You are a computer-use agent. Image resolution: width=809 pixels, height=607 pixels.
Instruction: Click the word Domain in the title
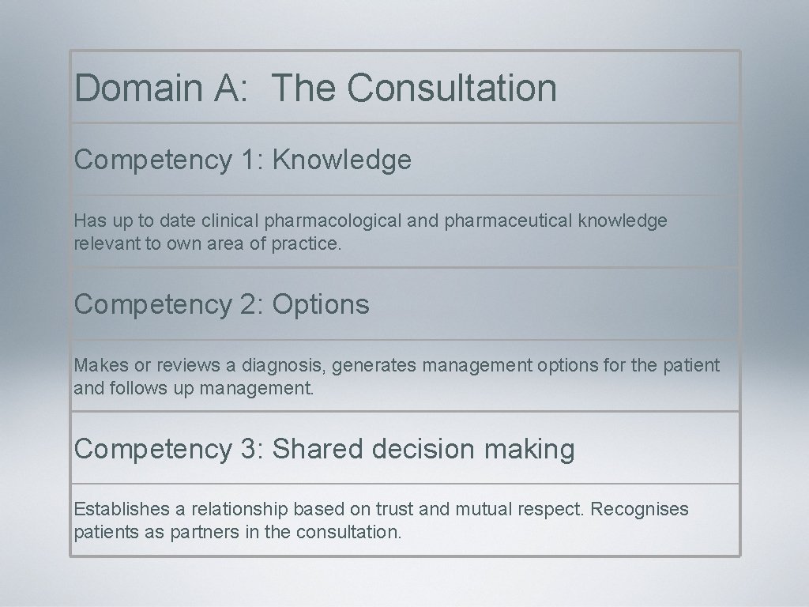coord(139,88)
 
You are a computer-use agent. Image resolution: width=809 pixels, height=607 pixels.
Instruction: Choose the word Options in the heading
coord(321,304)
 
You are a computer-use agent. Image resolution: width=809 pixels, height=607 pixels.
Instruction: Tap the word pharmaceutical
coord(509,221)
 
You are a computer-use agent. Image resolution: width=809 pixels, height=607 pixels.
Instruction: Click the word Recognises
coord(639,510)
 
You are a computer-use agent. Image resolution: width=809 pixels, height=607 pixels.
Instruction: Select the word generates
coord(374,366)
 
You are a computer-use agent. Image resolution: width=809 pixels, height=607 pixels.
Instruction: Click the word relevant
coord(103,244)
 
